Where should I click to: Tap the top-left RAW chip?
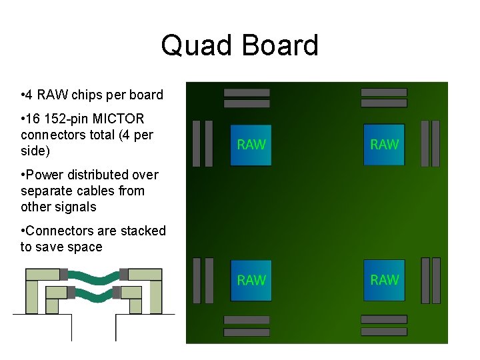[251, 145]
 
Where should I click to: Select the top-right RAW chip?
[384, 145]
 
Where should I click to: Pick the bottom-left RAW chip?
[251, 280]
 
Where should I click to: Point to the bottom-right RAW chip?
[384, 280]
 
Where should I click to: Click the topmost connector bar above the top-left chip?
[247, 92]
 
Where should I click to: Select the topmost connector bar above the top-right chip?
[383, 92]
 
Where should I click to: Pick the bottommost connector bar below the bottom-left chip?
[247, 332]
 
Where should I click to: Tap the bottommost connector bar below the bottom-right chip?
[383, 332]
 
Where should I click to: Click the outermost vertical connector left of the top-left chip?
[196, 143]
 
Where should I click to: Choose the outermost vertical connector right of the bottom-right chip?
[435, 280]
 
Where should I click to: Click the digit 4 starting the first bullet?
[31, 95]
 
